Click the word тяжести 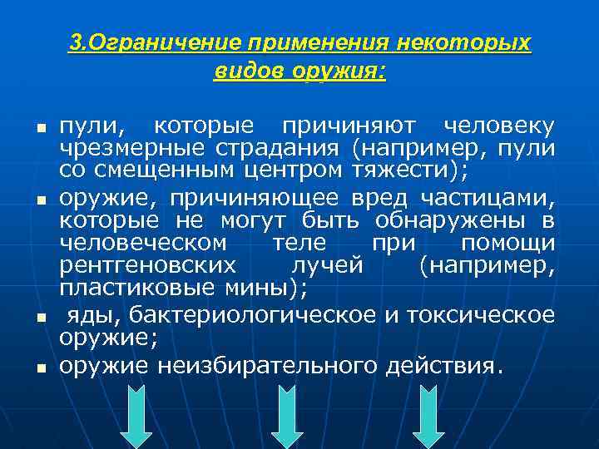[415, 170]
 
